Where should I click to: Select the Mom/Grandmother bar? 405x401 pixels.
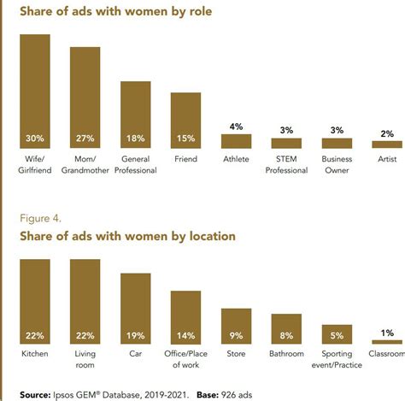[x=85, y=98]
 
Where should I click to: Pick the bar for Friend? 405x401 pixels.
[x=185, y=121]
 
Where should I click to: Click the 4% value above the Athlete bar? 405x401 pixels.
[x=237, y=127]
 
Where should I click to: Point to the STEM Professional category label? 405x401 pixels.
[x=286, y=164]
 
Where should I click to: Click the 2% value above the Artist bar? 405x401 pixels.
[x=387, y=133]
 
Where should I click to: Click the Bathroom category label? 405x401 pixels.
[x=286, y=352]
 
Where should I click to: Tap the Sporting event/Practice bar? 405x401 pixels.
[x=337, y=334]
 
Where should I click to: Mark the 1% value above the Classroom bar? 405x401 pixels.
[x=387, y=332]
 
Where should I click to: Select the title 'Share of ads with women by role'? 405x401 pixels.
[x=115, y=12]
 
